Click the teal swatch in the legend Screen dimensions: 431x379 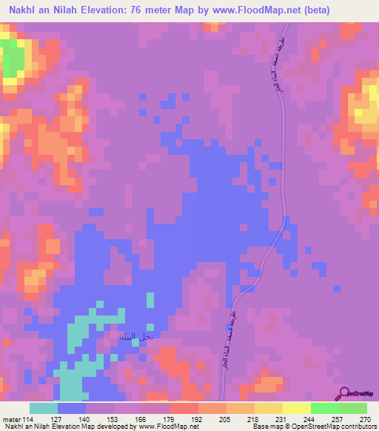tap(44, 408)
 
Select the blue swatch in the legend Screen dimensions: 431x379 tap(72, 408)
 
